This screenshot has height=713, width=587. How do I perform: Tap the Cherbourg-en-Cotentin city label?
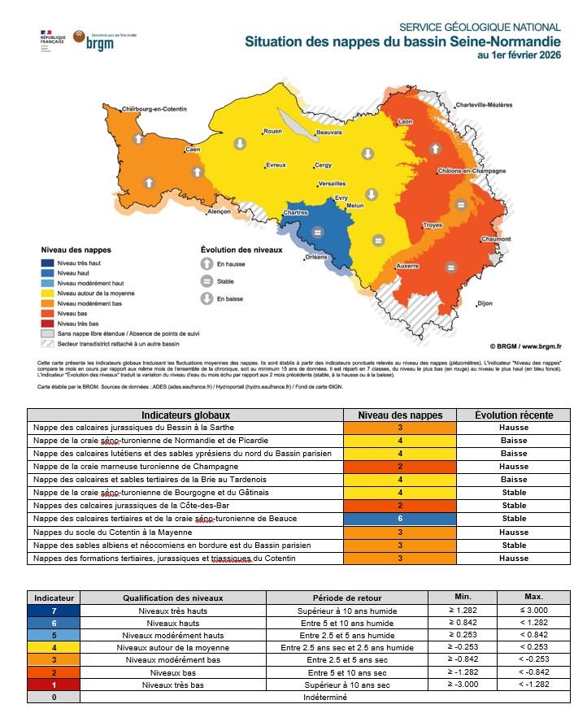coord(150,109)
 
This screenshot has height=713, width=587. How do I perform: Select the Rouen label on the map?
coord(272,131)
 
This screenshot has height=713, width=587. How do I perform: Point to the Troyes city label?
coord(433,225)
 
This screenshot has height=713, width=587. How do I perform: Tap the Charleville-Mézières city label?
coord(484,105)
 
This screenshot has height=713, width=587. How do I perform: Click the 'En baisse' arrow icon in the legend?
coord(207,298)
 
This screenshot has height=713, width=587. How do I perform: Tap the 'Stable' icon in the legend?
coord(207,281)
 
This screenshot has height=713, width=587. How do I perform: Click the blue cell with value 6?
coord(400,518)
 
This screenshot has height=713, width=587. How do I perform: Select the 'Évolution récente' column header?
coord(514,415)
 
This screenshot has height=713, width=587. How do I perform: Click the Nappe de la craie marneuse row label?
coord(135,466)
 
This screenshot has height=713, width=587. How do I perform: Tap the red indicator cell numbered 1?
coord(53,685)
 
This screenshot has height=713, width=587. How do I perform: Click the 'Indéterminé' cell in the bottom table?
coord(324,698)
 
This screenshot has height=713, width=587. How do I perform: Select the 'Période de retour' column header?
coord(336,597)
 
